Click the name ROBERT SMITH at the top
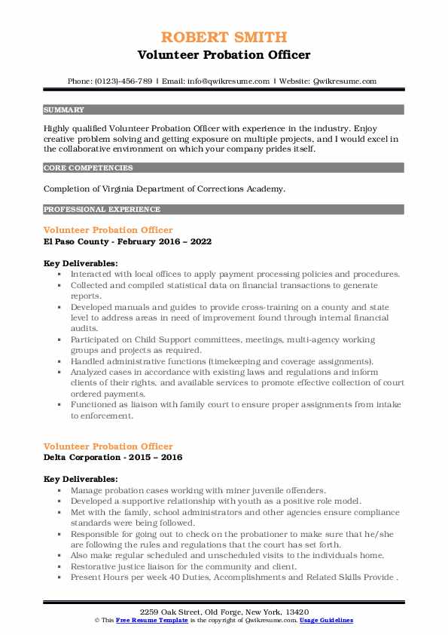coord(224,38)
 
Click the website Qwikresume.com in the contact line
coord(345,81)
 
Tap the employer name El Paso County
coord(79,241)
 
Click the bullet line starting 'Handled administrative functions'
coord(222,361)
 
